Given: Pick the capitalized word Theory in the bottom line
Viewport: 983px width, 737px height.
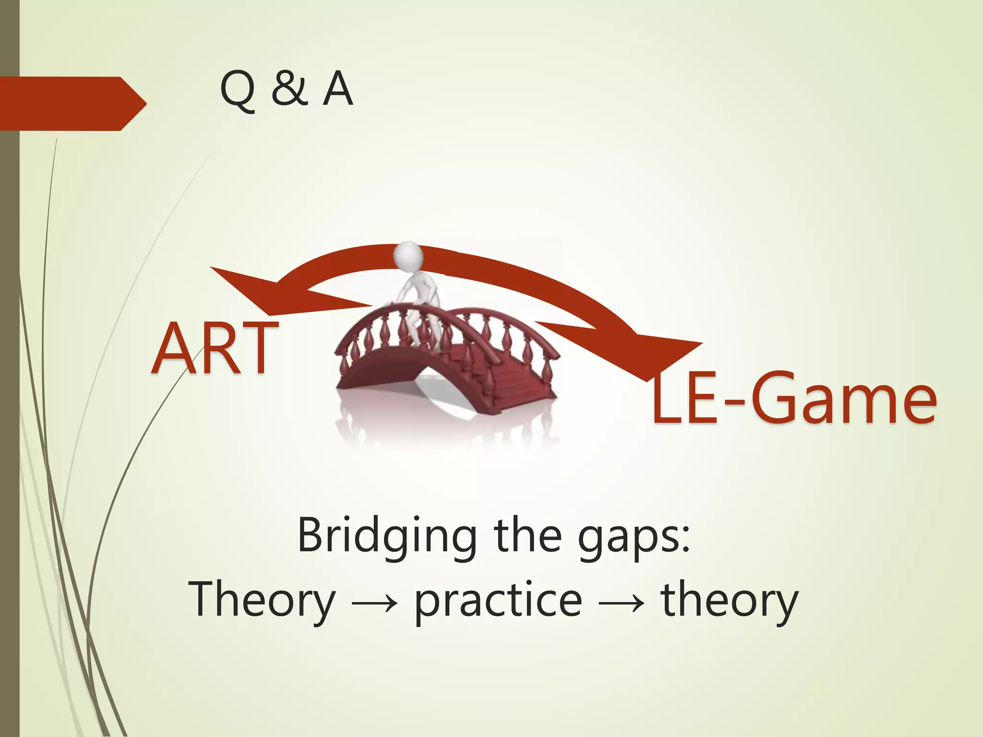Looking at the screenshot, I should point(262,600).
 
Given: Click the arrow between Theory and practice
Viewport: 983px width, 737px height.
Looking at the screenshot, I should point(375,603).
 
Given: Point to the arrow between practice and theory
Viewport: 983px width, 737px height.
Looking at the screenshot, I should point(622,603).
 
